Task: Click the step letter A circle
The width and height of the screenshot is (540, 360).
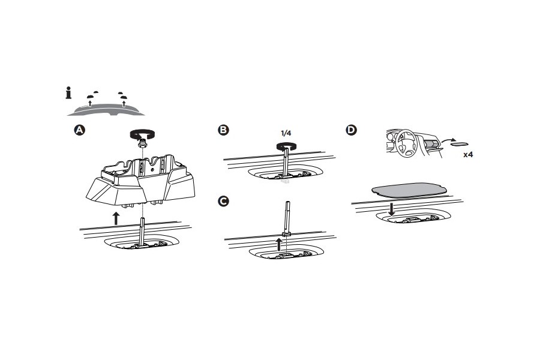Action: [x=79, y=130]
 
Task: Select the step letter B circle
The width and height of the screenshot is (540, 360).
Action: [x=223, y=130]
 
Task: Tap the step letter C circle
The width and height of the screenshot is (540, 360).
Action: [x=223, y=201]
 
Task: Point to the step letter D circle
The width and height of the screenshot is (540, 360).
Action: [x=351, y=130]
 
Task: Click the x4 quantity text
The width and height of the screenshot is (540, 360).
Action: [x=469, y=154]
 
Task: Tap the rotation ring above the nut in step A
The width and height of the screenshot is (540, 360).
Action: [x=142, y=133]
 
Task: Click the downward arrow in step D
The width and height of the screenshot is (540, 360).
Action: [x=391, y=209]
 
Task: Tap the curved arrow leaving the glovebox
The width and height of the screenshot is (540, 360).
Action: [x=445, y=139]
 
